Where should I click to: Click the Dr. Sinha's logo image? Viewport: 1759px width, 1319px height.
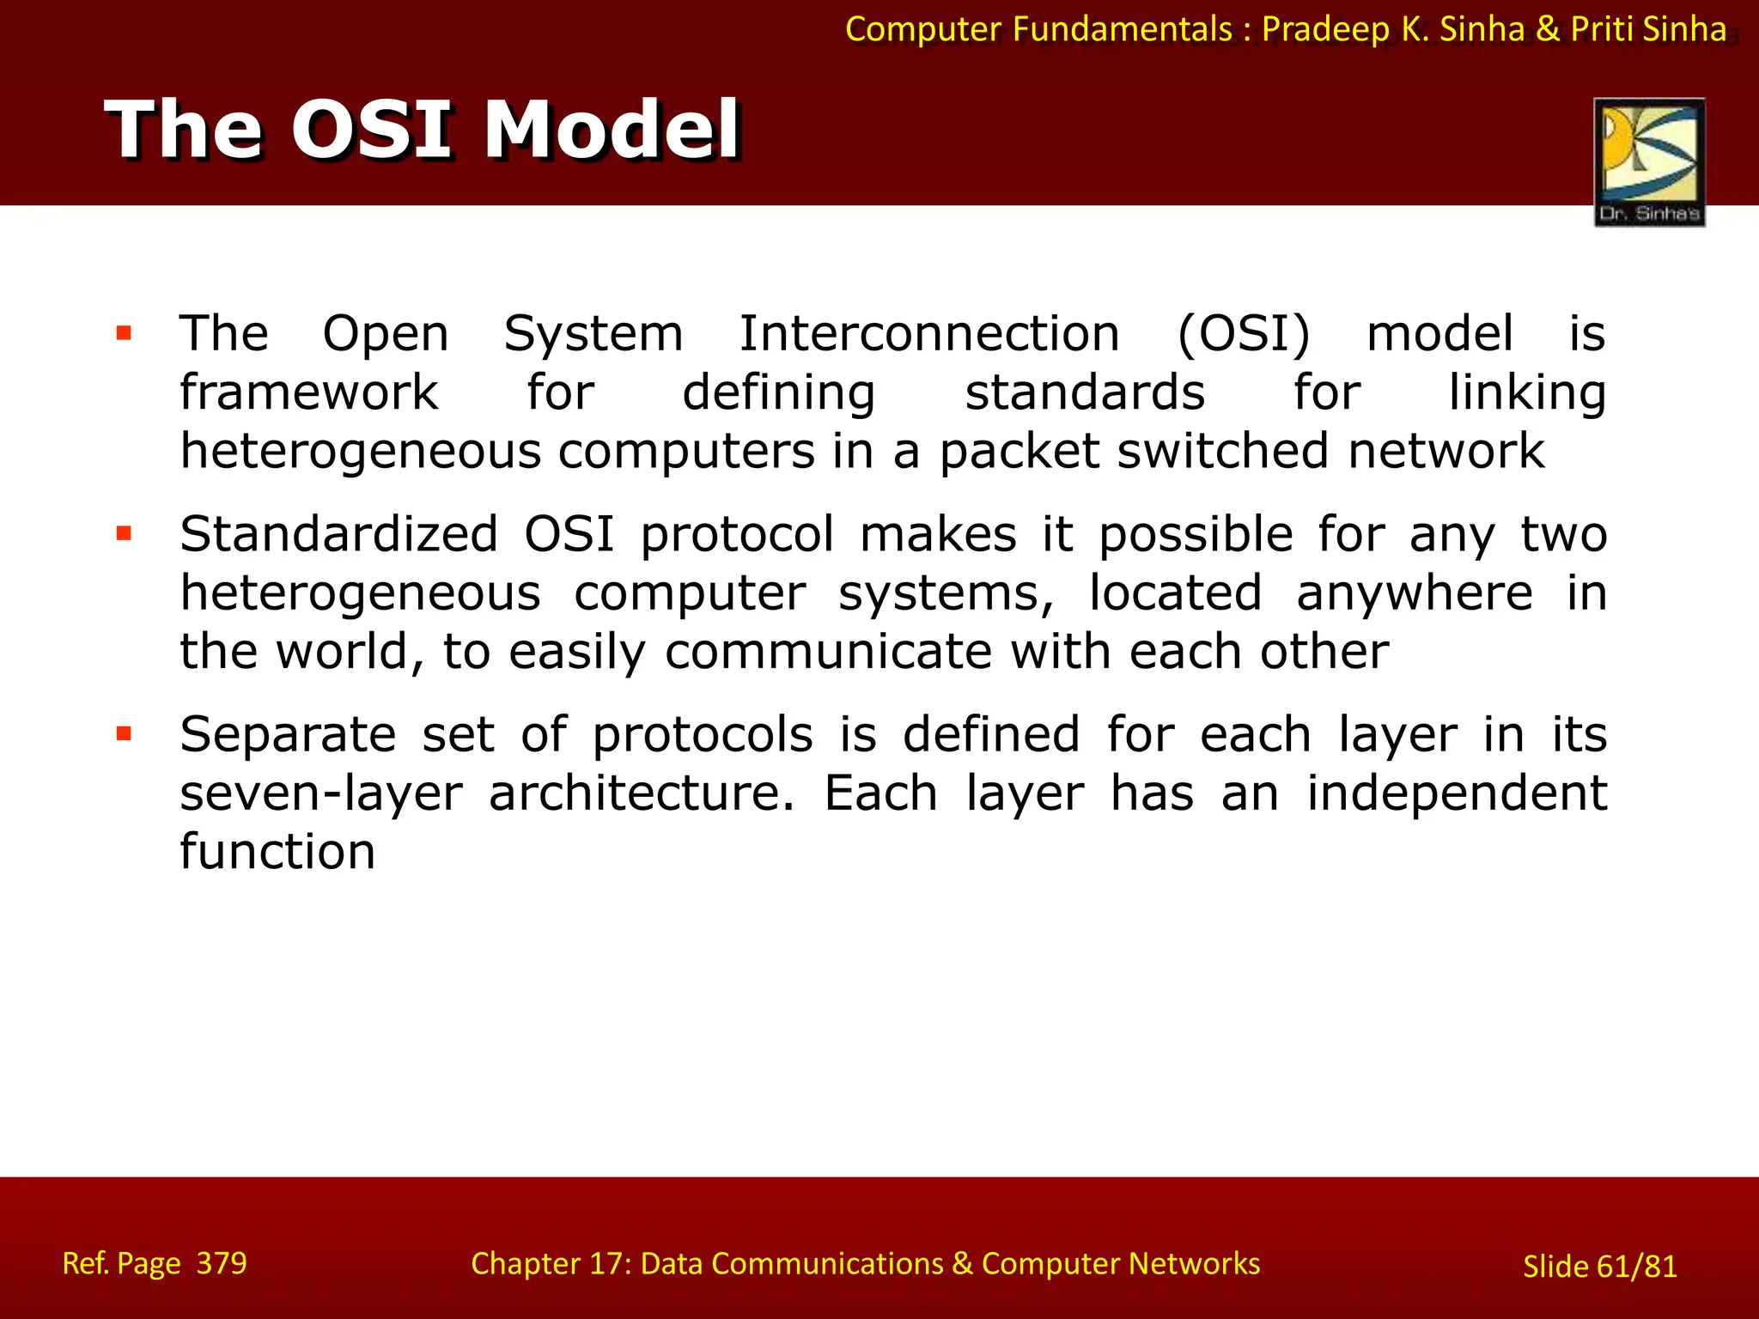(x=1649, y=161)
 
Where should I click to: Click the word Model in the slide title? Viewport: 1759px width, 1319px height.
(x=612, y=131)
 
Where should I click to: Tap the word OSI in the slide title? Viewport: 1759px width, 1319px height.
(x=371, y=131)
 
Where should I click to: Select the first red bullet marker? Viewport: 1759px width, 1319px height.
(x=124, y=333)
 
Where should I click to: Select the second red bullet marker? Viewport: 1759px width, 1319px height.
(x=124, y=533)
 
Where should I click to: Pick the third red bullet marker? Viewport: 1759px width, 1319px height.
(x=124, y=733)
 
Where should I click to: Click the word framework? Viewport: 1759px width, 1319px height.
(x=309, y=393)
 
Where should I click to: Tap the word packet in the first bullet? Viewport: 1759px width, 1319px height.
(x=1019, y=452)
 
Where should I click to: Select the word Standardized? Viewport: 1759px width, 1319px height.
(x=338, y=534)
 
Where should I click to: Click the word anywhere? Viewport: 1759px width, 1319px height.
(x=1414, y=593)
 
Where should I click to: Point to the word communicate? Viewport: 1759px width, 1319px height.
(x=828, y=651)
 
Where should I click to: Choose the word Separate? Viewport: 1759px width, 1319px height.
(x=288, y=735)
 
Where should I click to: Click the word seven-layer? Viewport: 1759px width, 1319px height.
(x=321, y=793)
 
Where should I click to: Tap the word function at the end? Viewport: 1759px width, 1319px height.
(x=277, y=852)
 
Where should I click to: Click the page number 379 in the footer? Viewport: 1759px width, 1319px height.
(x=222, y=1263)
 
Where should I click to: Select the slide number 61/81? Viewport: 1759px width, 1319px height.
(x=1636, y=1267)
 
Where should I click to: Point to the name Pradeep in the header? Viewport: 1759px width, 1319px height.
(x=1325, y=30)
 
